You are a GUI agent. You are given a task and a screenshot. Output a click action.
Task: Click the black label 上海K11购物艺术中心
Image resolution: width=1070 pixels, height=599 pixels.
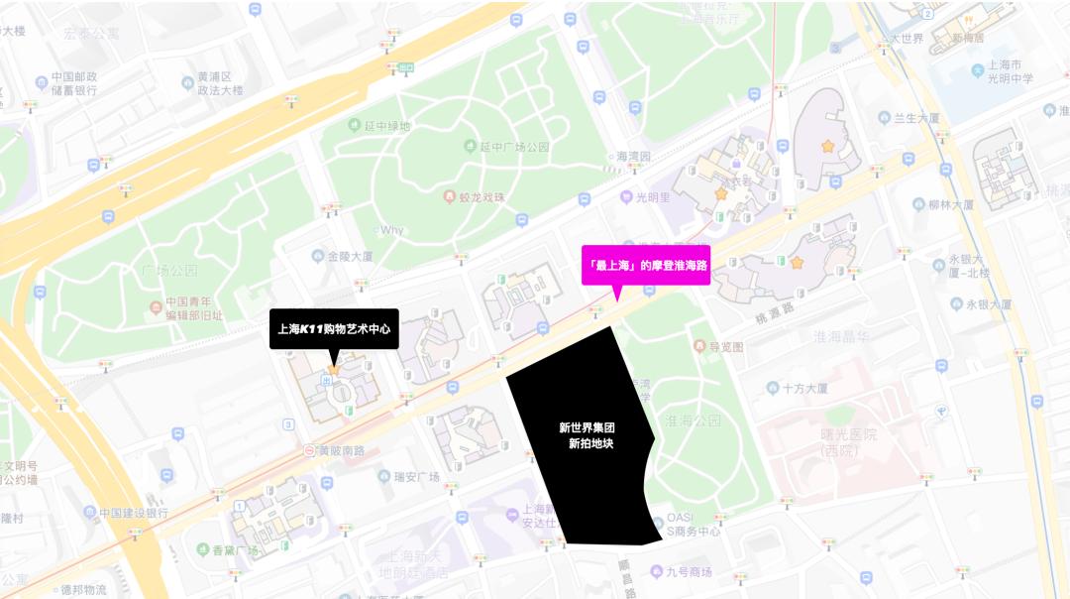(x=334, y=329)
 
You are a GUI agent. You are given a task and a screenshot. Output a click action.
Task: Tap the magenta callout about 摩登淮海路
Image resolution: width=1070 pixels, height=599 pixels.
(x=645, y=265)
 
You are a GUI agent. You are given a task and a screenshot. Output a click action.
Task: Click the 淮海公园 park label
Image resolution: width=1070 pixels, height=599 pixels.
(x=695, y=419)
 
